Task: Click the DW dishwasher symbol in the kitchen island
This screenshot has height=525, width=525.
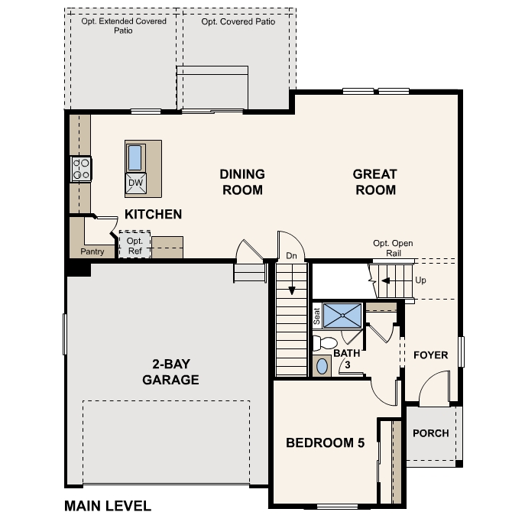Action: pyautogui.click(x=135, y=183)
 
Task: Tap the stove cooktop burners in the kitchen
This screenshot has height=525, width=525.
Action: pyautogui.click(x=81, y=169)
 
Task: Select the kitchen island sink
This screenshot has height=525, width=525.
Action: pyautogui.click(x=135, y=157)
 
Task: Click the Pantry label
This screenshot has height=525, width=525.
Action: pyautogui.click(x=92, y=251)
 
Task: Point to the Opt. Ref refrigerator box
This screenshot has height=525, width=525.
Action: pyautogui.click(x=134, y=245)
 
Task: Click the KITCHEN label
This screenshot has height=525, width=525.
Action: pyautogui.click(x=153, y=214)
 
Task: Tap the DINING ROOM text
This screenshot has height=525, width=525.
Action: pyautogui.click(x=242, y=182)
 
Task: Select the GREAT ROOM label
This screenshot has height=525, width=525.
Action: pyautogui.click(x=374, y=182)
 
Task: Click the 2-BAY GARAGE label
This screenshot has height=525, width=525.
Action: pyautogui.click(x=170, y=372)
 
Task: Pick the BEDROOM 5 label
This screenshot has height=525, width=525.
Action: pyautogui.click(x=325, y=442)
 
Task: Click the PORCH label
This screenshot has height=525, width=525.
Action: pyautogui.click(x=431, y=433)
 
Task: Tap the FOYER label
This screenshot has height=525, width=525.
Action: pyautogui.click(x=431, y=355)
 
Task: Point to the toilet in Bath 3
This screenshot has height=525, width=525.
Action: pyautogui.click(x=327, y=343)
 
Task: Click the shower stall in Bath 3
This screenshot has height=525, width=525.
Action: pyautogui.click(x=342, y=315)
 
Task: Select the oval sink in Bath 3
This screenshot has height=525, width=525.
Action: pyautogui.click(x=322, y=366)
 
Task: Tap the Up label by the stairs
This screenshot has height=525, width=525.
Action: pyautogui.click(x=420, y=280)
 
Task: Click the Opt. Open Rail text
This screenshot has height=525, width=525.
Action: pyautogui.click(x=393, y=248)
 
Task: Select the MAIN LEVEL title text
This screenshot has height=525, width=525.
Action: pyautogui.click(x=108, y=506)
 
